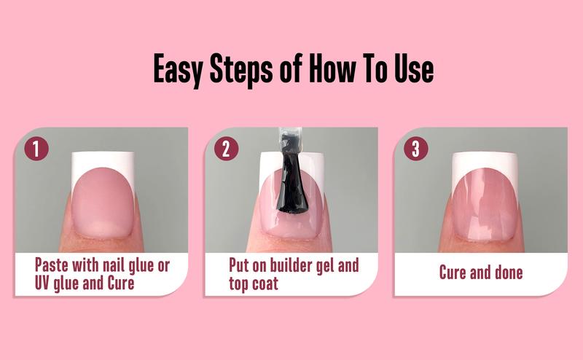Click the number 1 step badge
click(36, 148)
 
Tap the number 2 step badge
click(226, 148)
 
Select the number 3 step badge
click(415, 148)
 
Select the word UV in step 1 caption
click(46, 283)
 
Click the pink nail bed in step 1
click(102, 204)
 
